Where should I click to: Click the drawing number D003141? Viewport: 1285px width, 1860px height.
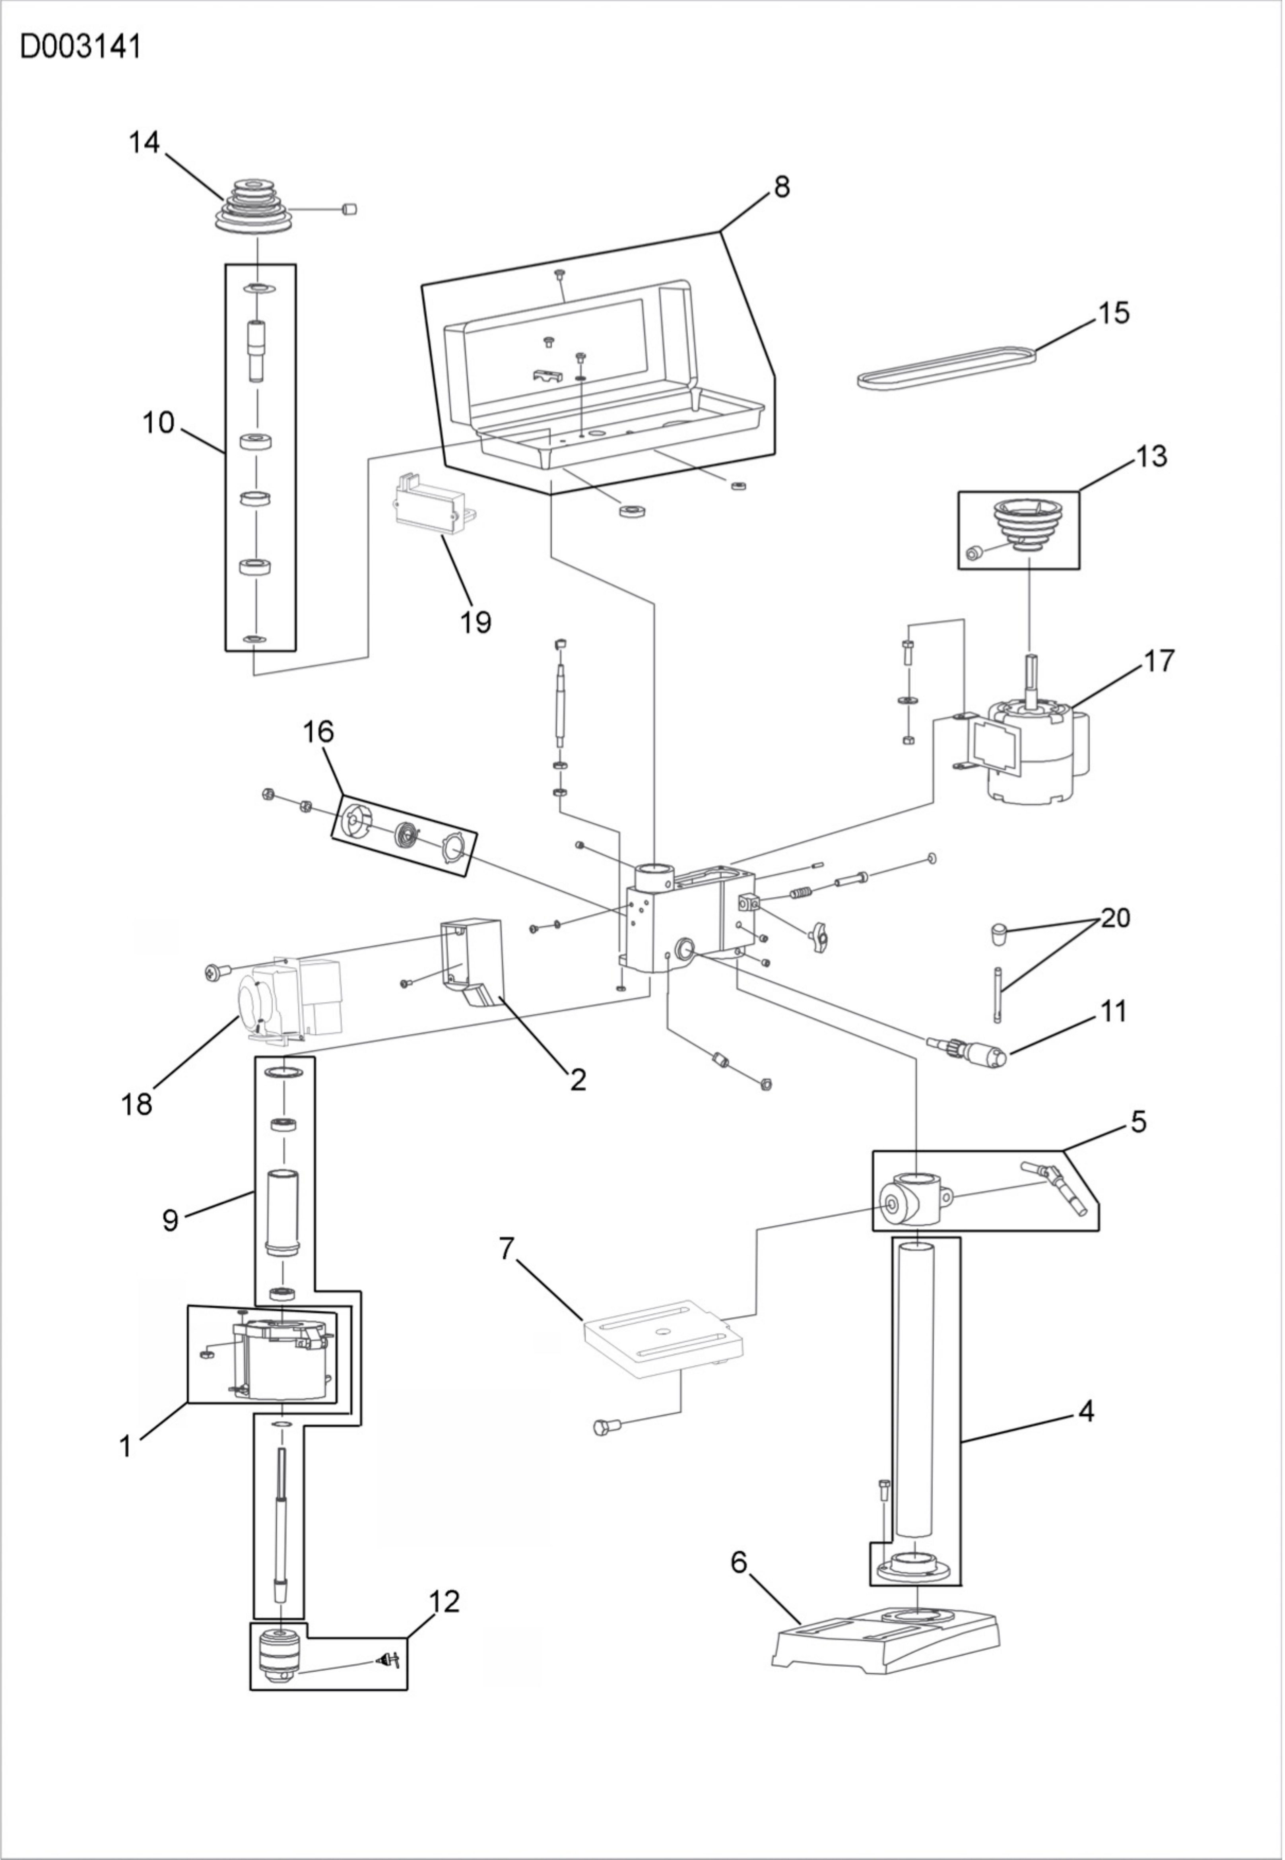click(x=81, y=47)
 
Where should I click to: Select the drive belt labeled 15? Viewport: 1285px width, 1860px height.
click(x=947, y=369)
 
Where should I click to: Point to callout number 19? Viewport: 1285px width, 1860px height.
click(x=476, y=621)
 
